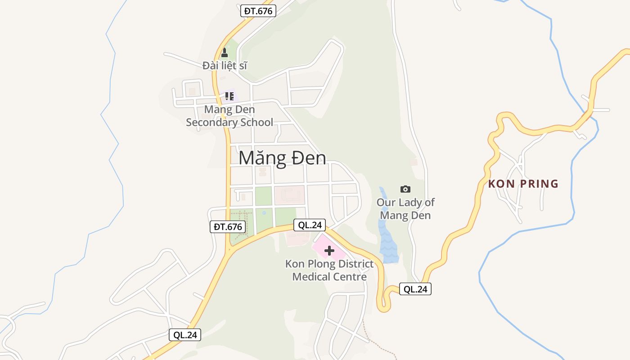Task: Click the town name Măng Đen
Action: click(282, 158)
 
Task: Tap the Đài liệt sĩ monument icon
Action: click(224, 53)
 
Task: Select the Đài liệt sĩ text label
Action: click(225, 66)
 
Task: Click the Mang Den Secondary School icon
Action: click(229, 96)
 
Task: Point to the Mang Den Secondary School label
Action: click(229, 116)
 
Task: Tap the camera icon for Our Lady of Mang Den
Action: click(405, 189)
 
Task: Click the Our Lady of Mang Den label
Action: click(405, 209)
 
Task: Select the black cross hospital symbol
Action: click(329, 251)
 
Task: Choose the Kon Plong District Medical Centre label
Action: click(329, 270)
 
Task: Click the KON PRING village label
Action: click(523, 184)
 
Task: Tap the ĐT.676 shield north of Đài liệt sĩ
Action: click(258, 11)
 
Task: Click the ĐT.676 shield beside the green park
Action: click(228, 227)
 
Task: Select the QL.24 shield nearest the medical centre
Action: click(309, 225)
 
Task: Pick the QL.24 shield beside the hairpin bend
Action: click(415, 289)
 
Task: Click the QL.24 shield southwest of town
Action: click(185, 335)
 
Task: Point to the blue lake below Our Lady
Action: click(388, 243)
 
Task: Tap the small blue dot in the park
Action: click(264, 212)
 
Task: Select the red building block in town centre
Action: click(289, 195)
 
